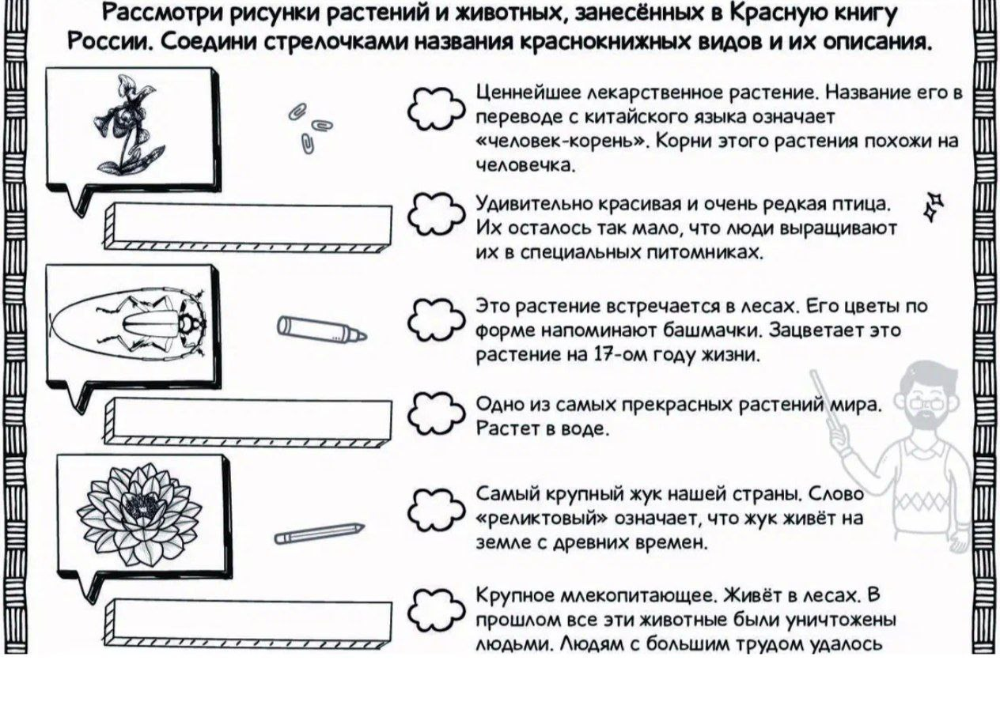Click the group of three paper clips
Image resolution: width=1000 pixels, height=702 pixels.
(310, 128)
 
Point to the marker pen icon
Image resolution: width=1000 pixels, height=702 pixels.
(322, 329)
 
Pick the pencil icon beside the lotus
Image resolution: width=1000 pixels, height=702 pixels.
(320, 533)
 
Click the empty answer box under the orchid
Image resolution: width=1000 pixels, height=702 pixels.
(248, 228)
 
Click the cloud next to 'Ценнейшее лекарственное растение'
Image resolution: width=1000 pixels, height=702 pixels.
(436, 108)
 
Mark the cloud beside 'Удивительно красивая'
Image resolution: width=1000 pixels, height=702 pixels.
(436, 215)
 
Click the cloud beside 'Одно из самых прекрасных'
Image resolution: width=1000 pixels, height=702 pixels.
(436, 414)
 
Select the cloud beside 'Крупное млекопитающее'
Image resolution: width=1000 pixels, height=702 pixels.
(436, 610)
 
